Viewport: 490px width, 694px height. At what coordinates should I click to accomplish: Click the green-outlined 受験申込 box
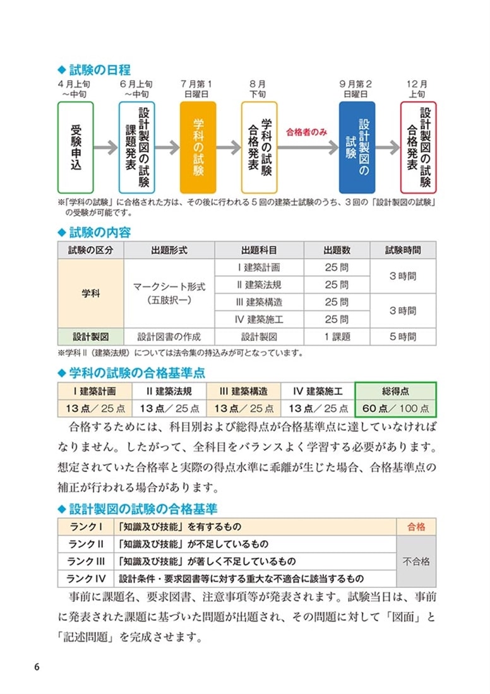coord(75,147)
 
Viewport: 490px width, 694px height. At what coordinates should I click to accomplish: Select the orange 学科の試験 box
coord(198,147)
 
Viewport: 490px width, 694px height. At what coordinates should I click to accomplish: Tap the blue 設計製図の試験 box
coord(357,147)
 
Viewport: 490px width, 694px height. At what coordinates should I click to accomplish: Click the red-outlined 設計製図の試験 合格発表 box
coord(418,147)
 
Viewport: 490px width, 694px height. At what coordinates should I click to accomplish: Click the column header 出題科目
coord(259,250)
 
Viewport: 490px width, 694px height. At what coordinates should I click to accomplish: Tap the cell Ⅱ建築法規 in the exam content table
coord(259,285)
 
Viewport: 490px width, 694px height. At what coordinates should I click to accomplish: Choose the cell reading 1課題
coord(337,336)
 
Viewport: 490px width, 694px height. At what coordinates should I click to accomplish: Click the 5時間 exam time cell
coord(402,336)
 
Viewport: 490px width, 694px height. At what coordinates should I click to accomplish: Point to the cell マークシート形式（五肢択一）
coord(169,293)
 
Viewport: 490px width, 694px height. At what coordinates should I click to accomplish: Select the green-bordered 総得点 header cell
coord(395,391)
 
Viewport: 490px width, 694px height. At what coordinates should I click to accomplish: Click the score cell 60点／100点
coord(395,408)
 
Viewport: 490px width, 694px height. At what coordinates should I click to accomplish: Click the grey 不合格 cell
coord(416,561)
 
